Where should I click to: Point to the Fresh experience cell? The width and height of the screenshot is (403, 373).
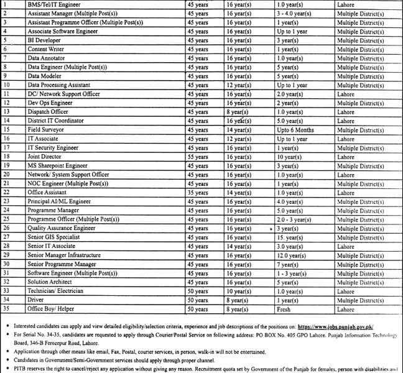click(x=285, y=309)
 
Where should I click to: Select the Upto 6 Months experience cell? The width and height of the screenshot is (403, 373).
click(x=295, y=130)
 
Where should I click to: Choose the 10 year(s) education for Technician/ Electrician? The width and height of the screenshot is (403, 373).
click(x=240, y=291)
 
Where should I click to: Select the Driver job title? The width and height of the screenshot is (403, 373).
click(x=35, y=300)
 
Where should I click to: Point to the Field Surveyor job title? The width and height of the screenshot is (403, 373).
click(x=45, y=130)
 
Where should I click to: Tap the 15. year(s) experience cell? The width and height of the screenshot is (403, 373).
click(x=290, y=237)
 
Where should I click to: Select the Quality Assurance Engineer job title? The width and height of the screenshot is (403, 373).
click(x=61, y=229)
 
